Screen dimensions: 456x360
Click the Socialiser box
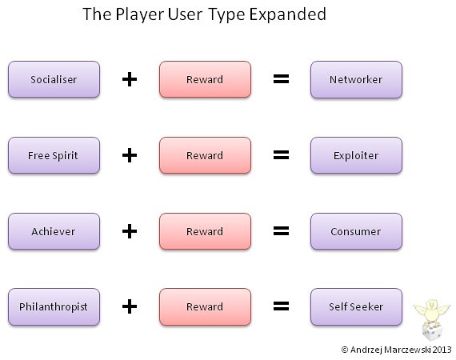coord(54,79)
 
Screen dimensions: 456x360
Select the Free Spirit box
coord(54,155)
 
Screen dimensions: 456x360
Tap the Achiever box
coord(54,231)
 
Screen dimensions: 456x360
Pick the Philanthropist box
coord(54,306)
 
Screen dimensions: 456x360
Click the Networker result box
coord(356,79)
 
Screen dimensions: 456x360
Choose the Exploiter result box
coord(356,155)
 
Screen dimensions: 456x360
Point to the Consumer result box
coord(356,231)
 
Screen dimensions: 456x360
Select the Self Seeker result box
coord(356,306)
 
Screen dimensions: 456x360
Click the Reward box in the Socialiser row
coord(205,79)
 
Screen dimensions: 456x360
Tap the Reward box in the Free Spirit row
coord(205,155)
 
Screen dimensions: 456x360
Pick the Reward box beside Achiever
coord(205,231)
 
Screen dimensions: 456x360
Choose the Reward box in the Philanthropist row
coord(205,306)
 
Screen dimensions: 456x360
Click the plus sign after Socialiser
coord(130,79)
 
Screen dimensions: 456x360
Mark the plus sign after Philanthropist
coord(130,306)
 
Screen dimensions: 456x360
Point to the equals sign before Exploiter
coord(282,154)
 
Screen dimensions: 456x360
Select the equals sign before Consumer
coord(282,230)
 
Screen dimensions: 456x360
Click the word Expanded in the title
coord(288,14)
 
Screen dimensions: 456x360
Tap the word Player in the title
coord(139,14)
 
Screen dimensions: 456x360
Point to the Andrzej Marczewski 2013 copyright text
coord(396,350)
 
